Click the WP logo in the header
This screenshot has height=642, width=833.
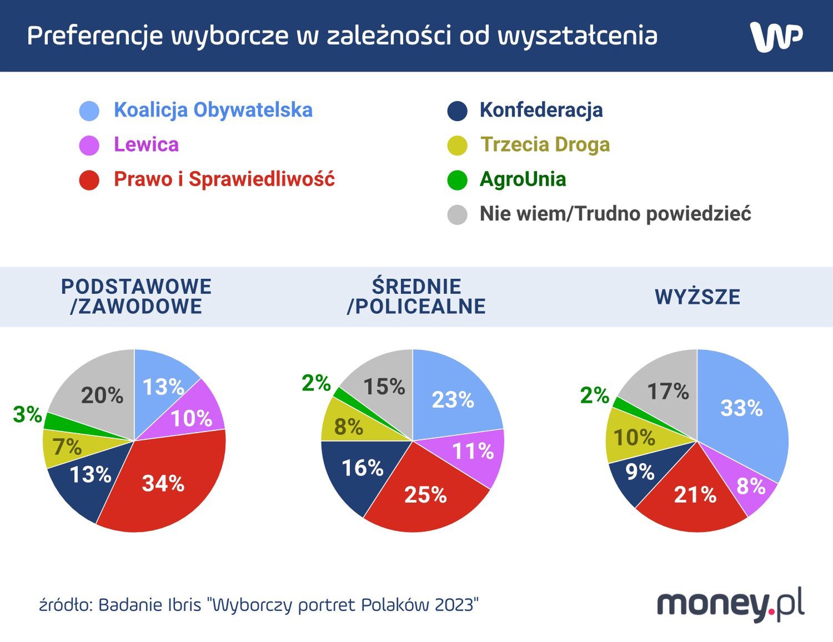coord(776,37)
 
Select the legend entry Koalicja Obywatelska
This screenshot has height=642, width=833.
coord(213,110)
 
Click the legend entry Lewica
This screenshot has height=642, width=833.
coord(146,144)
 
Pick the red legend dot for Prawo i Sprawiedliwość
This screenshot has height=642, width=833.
coord(89,180)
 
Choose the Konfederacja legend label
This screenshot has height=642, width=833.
coord(541,110)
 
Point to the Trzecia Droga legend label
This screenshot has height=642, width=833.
coord(545,144)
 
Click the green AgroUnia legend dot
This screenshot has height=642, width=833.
coord(457,180)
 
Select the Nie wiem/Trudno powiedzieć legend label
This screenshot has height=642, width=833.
coord(615,214)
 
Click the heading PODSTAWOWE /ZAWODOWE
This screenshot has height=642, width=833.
coord(136,297)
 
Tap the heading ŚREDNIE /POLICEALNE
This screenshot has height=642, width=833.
coord(416,297)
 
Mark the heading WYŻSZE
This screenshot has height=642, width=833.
coord(697,297)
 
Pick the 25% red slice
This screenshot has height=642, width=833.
coord(425,494)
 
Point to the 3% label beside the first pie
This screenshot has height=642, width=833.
coord(27,414)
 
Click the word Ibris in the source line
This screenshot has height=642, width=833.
coord(178,604)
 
